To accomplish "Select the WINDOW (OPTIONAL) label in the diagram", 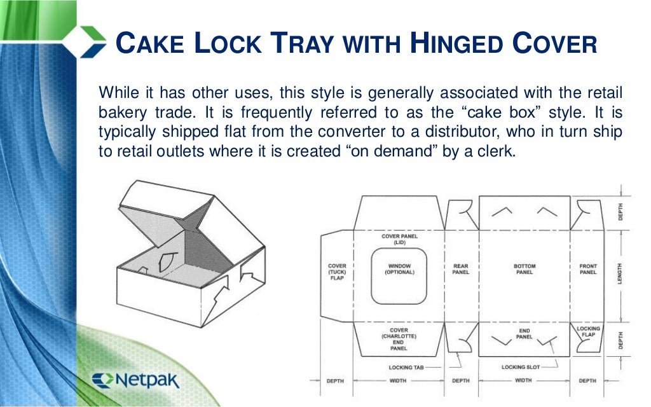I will coord(399,269).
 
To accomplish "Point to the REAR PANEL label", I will coord(461,269).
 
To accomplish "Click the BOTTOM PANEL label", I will coord(524,269).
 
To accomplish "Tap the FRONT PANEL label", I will coord(588,269).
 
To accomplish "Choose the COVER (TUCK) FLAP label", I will coord(337,272).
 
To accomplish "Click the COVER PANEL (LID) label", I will coord(399,239).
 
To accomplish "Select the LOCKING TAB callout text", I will coord(406,368).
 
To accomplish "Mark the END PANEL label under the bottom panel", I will coord(524,333).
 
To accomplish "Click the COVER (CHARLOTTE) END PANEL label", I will coord(399,340).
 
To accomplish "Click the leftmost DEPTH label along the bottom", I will coord(335,380).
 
